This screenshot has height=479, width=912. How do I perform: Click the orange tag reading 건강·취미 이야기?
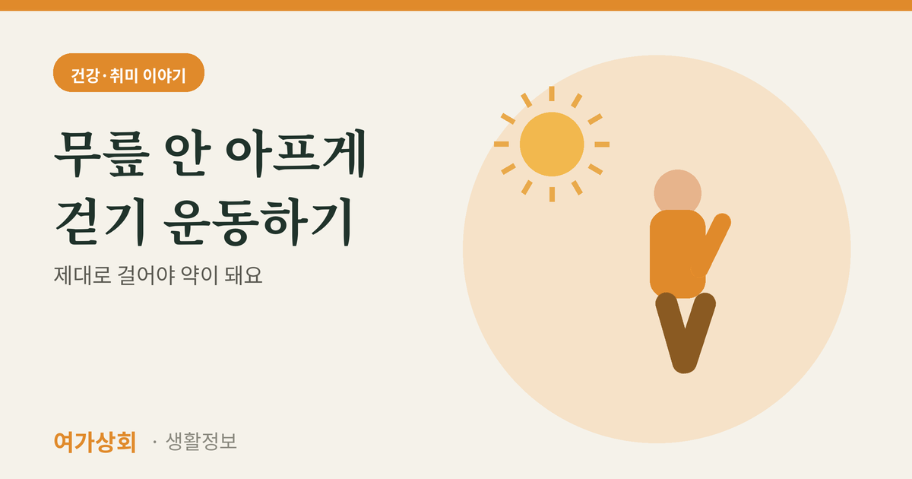[x=128, y=72]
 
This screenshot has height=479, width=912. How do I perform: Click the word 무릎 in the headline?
[x=102, y=154]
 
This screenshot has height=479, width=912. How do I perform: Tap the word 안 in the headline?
[x=188, y=154]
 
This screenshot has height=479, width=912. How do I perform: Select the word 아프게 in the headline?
[x=296, y=154]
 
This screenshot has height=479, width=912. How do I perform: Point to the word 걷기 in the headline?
[x=100, y=221]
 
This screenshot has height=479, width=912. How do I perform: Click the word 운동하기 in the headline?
[x=258, y=221]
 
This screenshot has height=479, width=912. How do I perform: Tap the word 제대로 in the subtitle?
[x=83, y=275]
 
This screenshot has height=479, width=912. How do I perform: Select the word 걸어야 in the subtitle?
[x=146, y=275]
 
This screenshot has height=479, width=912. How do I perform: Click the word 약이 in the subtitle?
[x=199, y=275]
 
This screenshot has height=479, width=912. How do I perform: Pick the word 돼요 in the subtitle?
[x=243, y=275]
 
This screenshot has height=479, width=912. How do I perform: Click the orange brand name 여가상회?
[x=95, y=442]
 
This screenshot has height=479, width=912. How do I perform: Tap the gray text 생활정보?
[x=201, y=441]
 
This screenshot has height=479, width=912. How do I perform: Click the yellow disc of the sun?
[x=552, y=144]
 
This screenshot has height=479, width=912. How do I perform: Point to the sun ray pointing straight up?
[x=552, y=94]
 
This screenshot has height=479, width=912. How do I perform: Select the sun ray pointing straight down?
[x=552, y=195]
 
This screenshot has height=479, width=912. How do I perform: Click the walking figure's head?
[x=677, y=192]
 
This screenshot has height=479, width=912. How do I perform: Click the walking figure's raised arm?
[x=714, y=243]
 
